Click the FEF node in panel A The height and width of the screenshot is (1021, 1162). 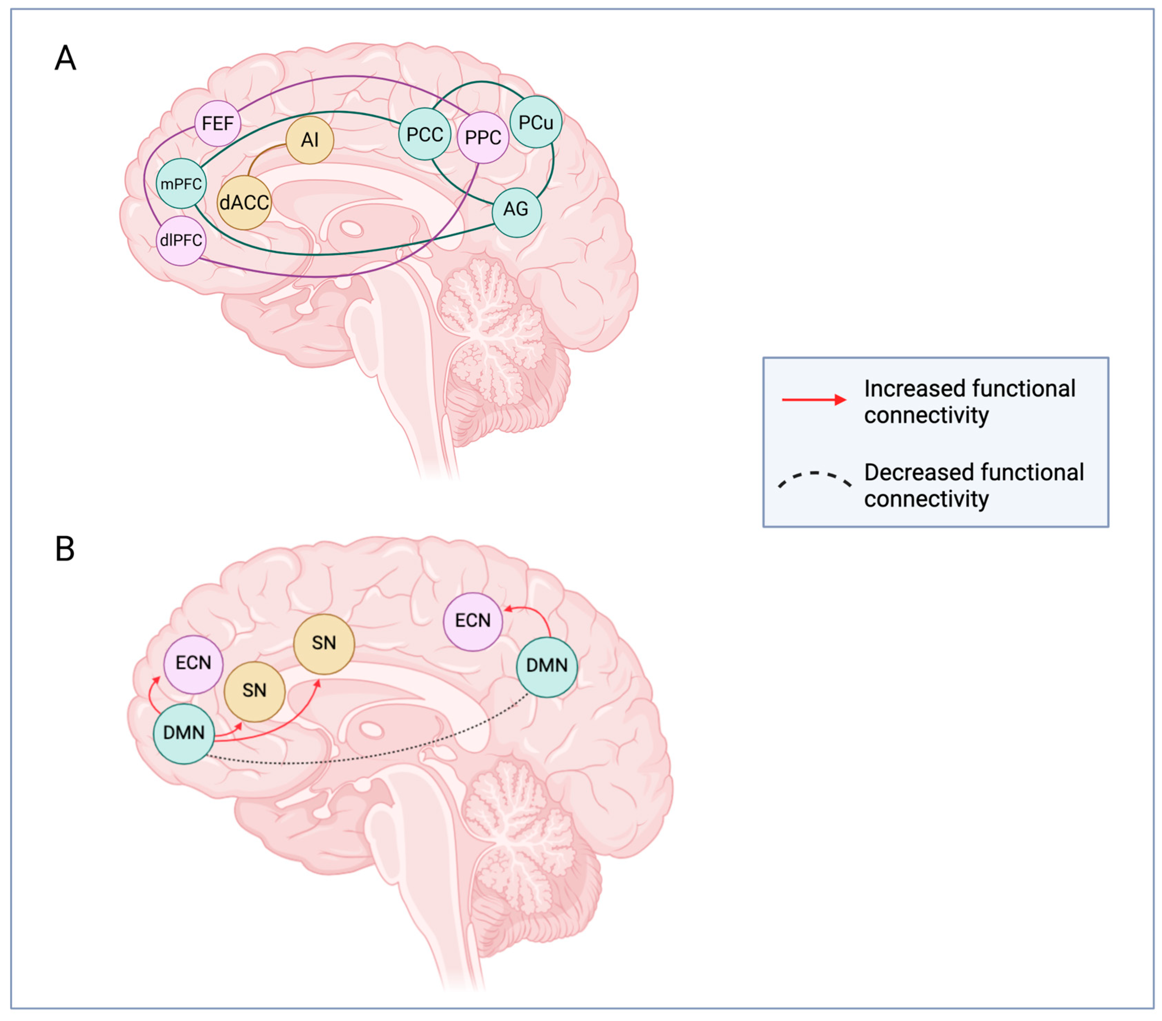coord(218,123)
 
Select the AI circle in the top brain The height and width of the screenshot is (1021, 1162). coord(310,140)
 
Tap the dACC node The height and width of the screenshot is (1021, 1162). coord(244,202)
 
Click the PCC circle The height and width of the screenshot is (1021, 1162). coord(425,134)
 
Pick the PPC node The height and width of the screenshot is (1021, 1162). coord(483,137)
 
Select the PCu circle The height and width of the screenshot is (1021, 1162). coord(535,122)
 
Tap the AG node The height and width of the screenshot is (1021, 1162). coord(516,209)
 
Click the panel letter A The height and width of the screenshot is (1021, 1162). coord(65,58)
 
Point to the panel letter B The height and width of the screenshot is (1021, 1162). coord(65,549)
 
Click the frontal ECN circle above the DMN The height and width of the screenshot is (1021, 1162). coord(193,663)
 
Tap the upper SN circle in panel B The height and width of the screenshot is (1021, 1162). coord(324,643)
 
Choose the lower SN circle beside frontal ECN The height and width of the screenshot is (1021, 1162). coord(254,691)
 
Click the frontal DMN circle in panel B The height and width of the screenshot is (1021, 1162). coord(183,733)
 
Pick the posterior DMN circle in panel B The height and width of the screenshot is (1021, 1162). coord(546,666)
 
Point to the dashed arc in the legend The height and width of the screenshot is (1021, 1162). coord(815,478)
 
